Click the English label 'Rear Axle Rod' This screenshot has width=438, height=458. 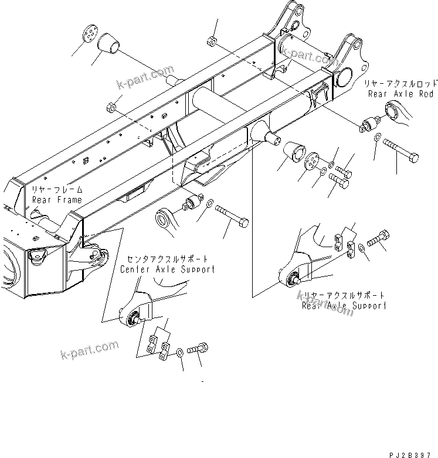(x=400, y=94)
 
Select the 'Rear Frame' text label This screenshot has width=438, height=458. (x=57, y=200)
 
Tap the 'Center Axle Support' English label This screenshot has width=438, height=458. (x=167, y=269)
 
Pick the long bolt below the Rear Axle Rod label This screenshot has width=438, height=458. (x=402, y=143)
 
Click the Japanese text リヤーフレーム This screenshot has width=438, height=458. (x=57, y=190)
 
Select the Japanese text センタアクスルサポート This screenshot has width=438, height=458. (x=167, y=259)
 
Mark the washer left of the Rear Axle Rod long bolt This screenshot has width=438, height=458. (x=376, y=138)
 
